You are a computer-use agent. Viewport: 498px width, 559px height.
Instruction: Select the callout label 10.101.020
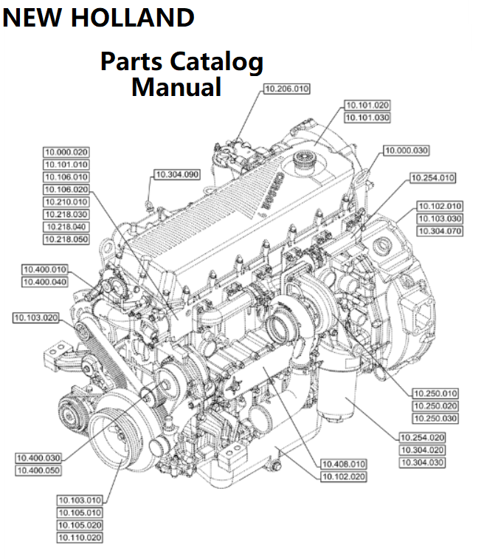click(367, 105)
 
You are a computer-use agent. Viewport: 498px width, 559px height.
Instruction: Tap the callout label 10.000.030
click(406, 151)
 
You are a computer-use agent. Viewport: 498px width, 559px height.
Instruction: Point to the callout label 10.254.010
click(432, 178)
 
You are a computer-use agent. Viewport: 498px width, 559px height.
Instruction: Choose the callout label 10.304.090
click(176, 175)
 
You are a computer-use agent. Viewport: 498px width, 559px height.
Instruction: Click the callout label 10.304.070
click(440, 231)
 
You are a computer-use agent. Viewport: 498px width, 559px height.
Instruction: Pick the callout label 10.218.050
click(66, 239)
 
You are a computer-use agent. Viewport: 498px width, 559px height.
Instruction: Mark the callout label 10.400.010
click(44, 270)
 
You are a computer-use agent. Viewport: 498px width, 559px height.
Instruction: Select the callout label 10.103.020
click(35, 318)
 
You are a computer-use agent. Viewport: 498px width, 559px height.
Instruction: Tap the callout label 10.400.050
click(38, 470)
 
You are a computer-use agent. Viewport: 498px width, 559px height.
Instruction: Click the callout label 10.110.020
click(80, 538)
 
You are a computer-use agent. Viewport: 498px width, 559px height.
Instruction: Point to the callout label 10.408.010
click(343, 464)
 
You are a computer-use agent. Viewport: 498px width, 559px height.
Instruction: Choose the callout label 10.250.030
click(435, 419)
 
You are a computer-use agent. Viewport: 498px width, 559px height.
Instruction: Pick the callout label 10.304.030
click(422, 462)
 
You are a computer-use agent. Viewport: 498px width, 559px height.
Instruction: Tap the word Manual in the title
click(176, 86)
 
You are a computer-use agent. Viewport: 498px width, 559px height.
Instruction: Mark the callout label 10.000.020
click(66, 152)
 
